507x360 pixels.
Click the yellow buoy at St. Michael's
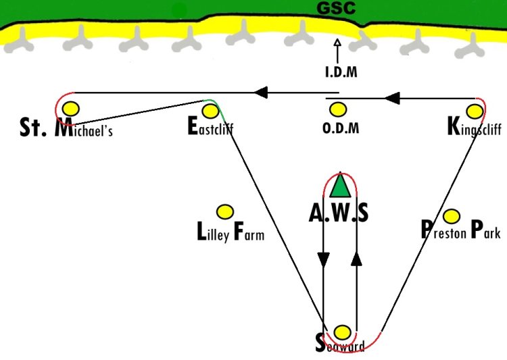pyautogui.click(x=71, y=109)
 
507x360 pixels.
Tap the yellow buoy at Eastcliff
pyautogui.click(x=210, y=111)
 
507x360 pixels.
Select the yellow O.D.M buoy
pyautogui.click(x=338, y=109)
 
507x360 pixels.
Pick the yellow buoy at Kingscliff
pyautogui.click(x=475, y=111)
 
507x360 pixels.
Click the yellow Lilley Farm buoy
pyautogui.click(x=225, y=212)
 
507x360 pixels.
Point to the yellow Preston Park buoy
pyautogui.click(x=452, y=216)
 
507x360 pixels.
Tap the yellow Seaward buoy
pyautogui.click(x=342, y=332)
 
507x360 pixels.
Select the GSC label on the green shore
pyautogui.click(x=336, y=8)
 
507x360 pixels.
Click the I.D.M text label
pyautogui.click(x=341, y=72)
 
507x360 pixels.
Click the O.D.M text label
pyautogui.click(x=341, y=128)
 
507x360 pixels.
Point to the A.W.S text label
pyautogui.click(x=339, y=213)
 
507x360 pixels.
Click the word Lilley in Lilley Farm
pyautogui.click(x=213, y=232)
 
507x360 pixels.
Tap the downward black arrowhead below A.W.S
pyautogui.click(x=323, y=259)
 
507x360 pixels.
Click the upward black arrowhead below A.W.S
pyautogui.click(x=356, y=259)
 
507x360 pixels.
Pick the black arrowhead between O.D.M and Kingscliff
pyautogui.click(x=392, y=98)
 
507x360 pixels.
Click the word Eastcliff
pyautogui.click(x=210, y=126)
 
